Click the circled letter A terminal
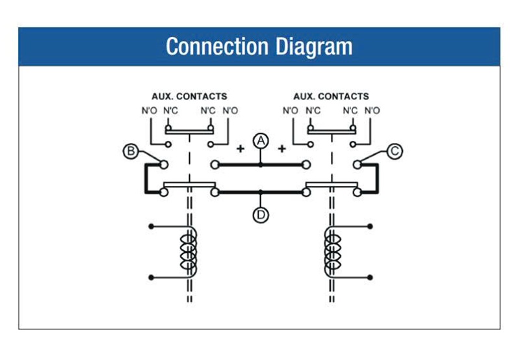point(261,140)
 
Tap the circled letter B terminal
point(130,152)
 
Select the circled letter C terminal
point(395,151)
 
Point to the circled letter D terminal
point(261,216)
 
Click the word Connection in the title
point(216,47)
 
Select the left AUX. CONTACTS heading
point(189,96)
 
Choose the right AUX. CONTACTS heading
point(331,96)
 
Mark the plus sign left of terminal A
point(240,149)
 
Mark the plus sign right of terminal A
point(282,149)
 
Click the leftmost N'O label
point(149,110)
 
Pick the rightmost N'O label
point(372,110)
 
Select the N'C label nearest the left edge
point(171,110)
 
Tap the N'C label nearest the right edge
point(350,110)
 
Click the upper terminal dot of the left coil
point(151,227)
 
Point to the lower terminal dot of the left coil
point(151,277)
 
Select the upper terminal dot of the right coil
point(370,227)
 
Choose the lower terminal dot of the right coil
point(370,277)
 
